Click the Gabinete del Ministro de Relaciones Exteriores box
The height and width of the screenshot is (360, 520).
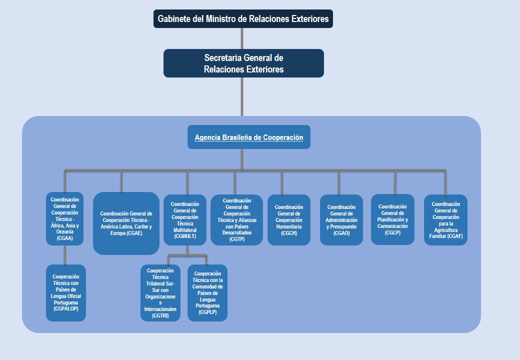243,19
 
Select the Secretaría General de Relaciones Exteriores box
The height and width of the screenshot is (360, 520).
243,63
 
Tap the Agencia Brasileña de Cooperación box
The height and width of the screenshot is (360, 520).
248,137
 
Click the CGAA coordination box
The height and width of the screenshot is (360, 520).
65,219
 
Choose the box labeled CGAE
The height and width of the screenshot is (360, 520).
126,223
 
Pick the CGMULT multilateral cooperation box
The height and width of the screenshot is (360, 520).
185,220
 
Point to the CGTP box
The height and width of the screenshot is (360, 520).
236,220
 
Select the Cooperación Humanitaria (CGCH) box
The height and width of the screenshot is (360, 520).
288,220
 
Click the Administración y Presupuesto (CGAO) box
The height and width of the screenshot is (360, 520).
341,220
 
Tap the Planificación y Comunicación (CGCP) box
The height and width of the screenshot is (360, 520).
392,219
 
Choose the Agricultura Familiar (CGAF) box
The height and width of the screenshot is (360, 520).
445,220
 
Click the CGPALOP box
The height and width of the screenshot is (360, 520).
66,293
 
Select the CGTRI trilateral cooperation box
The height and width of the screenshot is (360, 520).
160,293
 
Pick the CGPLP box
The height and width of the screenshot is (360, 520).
207,293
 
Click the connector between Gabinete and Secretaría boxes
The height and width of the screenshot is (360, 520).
242,38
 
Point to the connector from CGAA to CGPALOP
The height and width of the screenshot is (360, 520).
65,255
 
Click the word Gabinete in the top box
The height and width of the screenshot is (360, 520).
174,19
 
